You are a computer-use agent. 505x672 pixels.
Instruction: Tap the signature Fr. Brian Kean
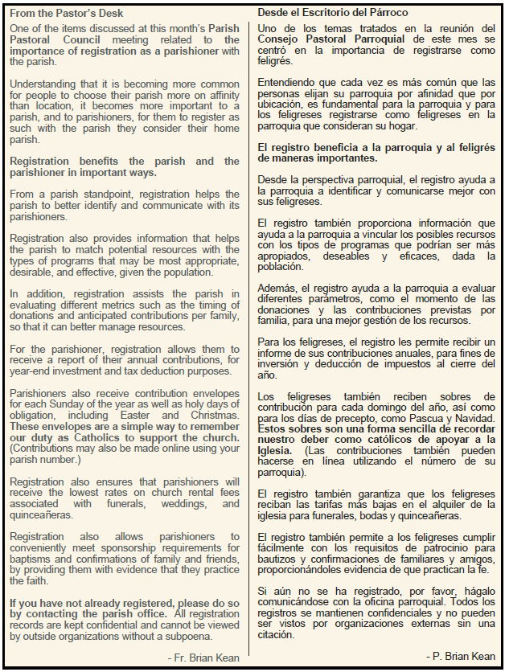tap(203, 658)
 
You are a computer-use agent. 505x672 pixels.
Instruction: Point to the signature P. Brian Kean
tap(461, 656)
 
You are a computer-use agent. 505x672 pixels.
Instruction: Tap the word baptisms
tap(32, 559)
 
